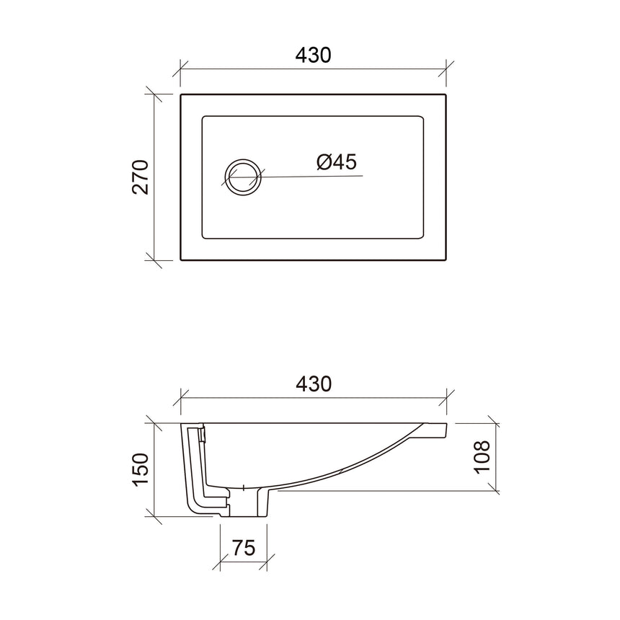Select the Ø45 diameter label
click(x=336, y=162)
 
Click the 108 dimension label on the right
click(x=482, y=456)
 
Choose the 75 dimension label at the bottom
click(x=244, y=548)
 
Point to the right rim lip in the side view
click(x=437, y=430)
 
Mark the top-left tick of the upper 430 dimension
click(x=180, y=69)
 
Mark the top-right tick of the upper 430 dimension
click(x=447, y=69)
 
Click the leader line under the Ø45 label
click(x=317, y=176)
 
